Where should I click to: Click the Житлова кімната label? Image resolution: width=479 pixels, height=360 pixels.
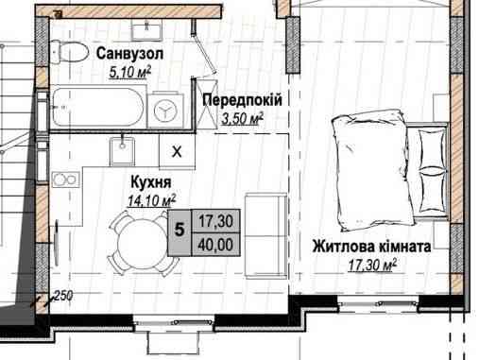pos(371,246)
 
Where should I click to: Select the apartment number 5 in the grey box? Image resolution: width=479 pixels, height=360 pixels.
pos(178,227)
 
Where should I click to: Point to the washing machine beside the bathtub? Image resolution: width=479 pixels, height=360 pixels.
pos(168,109)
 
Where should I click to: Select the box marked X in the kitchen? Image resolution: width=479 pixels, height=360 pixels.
pos(177,150)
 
